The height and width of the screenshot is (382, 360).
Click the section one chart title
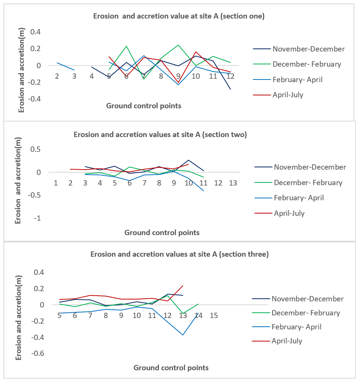(x=179, y=16)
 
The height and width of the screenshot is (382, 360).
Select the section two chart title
(x=160, y=134)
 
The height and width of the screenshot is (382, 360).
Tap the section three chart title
(x=179, y=254)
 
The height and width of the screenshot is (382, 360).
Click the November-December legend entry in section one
(x=299, y=49)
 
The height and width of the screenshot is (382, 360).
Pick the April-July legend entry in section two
(x=279, y=213)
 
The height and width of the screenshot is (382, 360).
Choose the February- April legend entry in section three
(x=287, y=327)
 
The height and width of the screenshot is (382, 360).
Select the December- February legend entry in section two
(x=298, y=182)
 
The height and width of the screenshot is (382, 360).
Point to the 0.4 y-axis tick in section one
(x=36, y=32)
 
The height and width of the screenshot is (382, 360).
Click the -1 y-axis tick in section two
(x=37, y=218)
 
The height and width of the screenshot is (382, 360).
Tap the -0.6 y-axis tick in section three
(x=37, y=353)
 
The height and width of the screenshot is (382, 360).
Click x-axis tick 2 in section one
(x=57, y=76)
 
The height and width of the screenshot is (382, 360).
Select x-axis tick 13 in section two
(x=233, y=183)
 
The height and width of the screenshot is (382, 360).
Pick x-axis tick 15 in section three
(x=214, y=315)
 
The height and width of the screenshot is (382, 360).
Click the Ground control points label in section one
(x=144, y=106)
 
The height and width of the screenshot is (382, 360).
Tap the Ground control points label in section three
(x=171, y=368)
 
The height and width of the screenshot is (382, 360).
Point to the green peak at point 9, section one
(x=178, y=45)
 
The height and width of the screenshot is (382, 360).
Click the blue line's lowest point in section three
(x=183, y=335)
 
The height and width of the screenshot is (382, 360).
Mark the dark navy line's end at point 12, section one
(x=231, y=89)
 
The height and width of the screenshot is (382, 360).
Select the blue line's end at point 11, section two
(x=204, y=191)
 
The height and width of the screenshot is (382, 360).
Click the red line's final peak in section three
(x=183, y=286)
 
